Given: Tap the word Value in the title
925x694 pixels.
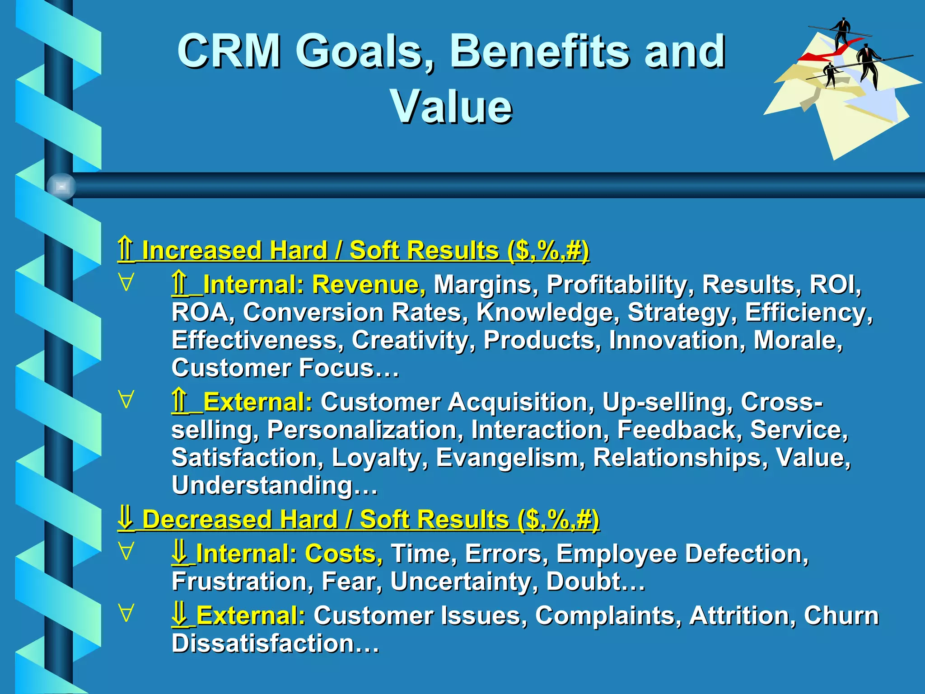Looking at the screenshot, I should click(x=451, y=107).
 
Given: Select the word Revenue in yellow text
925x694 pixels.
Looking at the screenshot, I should click(x=369, y=285).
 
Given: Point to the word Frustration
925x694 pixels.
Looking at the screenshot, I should click(x=242, y=581).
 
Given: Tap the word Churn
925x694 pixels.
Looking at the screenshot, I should click(x=841, y=615).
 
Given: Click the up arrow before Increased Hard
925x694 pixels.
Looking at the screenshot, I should click(x=126, y=249).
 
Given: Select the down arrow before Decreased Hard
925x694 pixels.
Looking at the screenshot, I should click(x=126, y=519).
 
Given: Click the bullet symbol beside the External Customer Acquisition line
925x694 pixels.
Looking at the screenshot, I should click(x=126, y=400).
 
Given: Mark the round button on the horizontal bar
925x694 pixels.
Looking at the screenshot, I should click(x=61, y=186).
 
